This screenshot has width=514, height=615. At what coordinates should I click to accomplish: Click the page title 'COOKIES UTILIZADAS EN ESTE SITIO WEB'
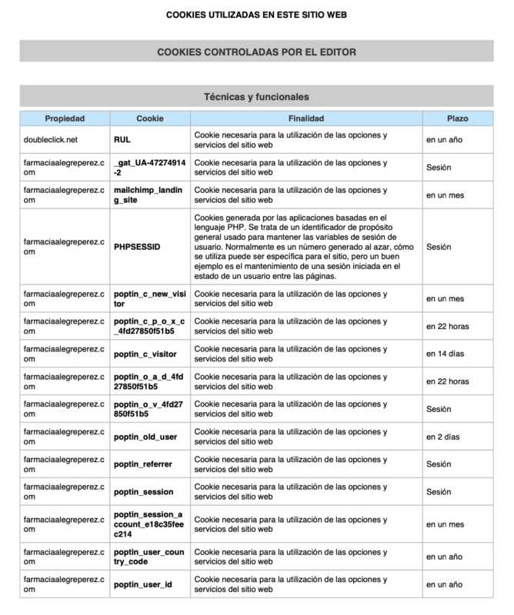pyautogui.click(x=256, y=15)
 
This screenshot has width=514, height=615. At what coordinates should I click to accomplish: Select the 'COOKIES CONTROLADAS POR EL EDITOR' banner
pyautogui.click(x=256, y=52)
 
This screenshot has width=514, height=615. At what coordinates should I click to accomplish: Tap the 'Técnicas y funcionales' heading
pyautogui.click(x=256, y=98)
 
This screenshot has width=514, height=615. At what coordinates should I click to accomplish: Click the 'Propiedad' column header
pyautogui.click(x=65, y=119)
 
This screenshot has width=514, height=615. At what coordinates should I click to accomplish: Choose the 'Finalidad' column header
pyautogui.click(x=305, y=119)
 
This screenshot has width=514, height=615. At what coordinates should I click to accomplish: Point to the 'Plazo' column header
pyautogui.click(x=458, y=119)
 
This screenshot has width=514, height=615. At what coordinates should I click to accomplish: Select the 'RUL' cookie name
pyautogui.click(x=122, y=141)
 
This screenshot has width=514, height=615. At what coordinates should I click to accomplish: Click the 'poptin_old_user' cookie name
pyautogui.click(x=145, y=437)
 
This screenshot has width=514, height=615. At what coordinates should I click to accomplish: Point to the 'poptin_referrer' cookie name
pyautogui.click(x=142, y=464)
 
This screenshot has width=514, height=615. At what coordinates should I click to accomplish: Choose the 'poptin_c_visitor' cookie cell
pyautogui.click(x=145, y=354)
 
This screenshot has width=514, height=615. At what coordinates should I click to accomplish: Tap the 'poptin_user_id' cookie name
pyautogui.click(x=142, y=584)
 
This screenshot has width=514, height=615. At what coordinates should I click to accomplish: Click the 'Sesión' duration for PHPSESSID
pyautogui.click(x=439, y=248)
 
